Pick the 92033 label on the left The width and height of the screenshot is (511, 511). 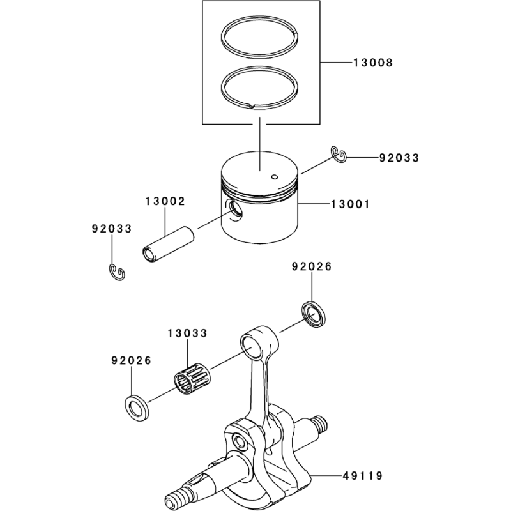(112, 227)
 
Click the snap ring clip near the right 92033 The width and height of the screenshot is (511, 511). (339, 154)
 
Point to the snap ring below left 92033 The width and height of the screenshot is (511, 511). (116, 273)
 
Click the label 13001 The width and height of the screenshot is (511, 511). (350, 204)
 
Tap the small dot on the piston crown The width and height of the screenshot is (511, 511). (274, 177)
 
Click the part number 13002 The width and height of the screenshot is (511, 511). (165, 201)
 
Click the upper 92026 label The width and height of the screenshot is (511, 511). (312, 267)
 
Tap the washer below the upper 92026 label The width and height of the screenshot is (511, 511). (314, 315)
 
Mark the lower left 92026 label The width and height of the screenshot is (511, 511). (130, 361)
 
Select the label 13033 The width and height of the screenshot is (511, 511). (188, 333)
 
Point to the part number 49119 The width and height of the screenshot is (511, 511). (362, 476)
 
